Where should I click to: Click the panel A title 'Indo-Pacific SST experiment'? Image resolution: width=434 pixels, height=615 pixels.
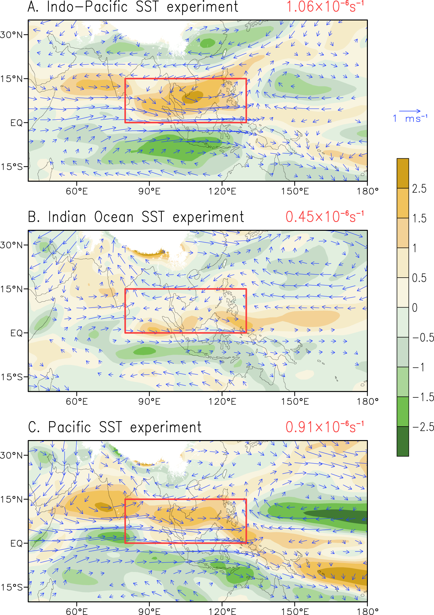pyautogui.click(x=142, y=7)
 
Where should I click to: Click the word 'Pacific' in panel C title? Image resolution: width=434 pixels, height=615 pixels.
pyautogui.click(x=69, y=428)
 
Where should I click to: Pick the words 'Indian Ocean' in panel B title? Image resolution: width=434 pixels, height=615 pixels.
pyautogui.click(x=91, y=217)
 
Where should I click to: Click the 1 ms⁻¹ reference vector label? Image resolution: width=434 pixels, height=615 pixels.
pyautogui.click(x=410, y=119)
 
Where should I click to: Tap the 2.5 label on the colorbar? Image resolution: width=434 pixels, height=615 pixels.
pyautogui.click(x=419, y=189)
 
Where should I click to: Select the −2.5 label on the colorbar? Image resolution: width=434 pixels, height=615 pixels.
pyautogui.click(x=423, y=427)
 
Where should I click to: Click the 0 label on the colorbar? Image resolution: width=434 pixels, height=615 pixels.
pyautogui.click(x=415, y=308)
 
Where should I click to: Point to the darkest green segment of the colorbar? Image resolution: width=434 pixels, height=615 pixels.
pyautogui.click(x=403, y=441)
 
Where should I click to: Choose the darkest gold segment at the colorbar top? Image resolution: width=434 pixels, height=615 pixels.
pyautogui.click(x=403, y=173)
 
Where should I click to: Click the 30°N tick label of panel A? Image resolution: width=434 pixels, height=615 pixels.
pyautogui.click(x=12, y=35)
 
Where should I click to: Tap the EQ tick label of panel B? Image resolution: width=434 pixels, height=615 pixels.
pyautogui.click(x=16, y=333)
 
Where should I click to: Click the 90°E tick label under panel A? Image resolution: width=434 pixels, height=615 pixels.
pyautogui.click(x=149, y=192)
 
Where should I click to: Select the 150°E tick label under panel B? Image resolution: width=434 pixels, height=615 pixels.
pyautogui.click(x=295, y=402)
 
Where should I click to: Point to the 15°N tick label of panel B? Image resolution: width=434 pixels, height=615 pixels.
pyautogui.click(x=12, y=289)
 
